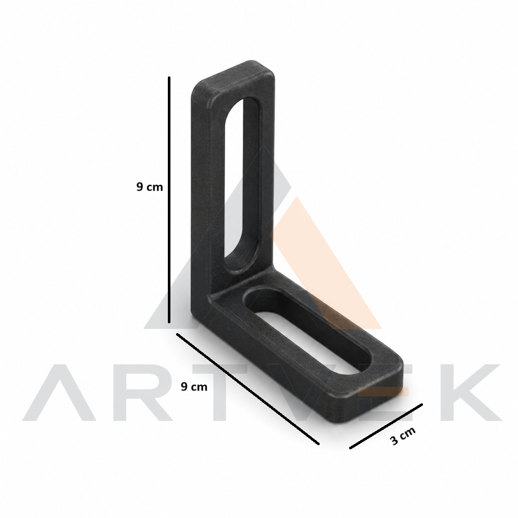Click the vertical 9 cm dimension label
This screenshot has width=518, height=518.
[x=150, y=187]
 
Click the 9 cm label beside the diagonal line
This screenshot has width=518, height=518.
[x=194, y=386]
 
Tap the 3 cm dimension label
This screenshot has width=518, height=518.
[x=402, y=436]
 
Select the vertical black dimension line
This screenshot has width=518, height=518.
[x=169, y=200]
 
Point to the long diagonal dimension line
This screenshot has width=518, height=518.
[x=248, y=389]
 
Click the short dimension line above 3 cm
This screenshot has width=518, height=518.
[x=386, y=426]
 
